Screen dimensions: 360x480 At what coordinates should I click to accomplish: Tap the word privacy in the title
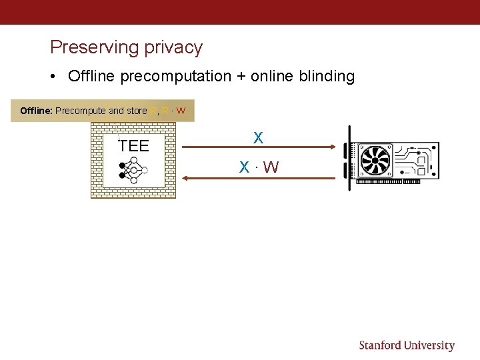click(x=175, y=48)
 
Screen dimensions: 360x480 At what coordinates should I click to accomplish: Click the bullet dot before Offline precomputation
click(x=53, y=77)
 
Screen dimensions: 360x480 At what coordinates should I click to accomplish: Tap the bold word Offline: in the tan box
click(x=36, y=111)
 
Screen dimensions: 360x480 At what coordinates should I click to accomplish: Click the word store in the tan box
click(x=137, y=111)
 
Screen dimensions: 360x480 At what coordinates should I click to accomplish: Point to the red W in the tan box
click(x=181, y=111)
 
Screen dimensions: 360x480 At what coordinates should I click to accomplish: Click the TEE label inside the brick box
click(x=133, y=146)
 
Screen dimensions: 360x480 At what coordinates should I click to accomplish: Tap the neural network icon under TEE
click(x=133, y=170)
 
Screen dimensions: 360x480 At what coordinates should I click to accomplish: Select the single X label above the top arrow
click(x=258, y=138)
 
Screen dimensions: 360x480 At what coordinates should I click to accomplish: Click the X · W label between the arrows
click(x=259, y=167)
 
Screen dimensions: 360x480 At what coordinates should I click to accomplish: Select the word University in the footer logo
click(x=430, y=345)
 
